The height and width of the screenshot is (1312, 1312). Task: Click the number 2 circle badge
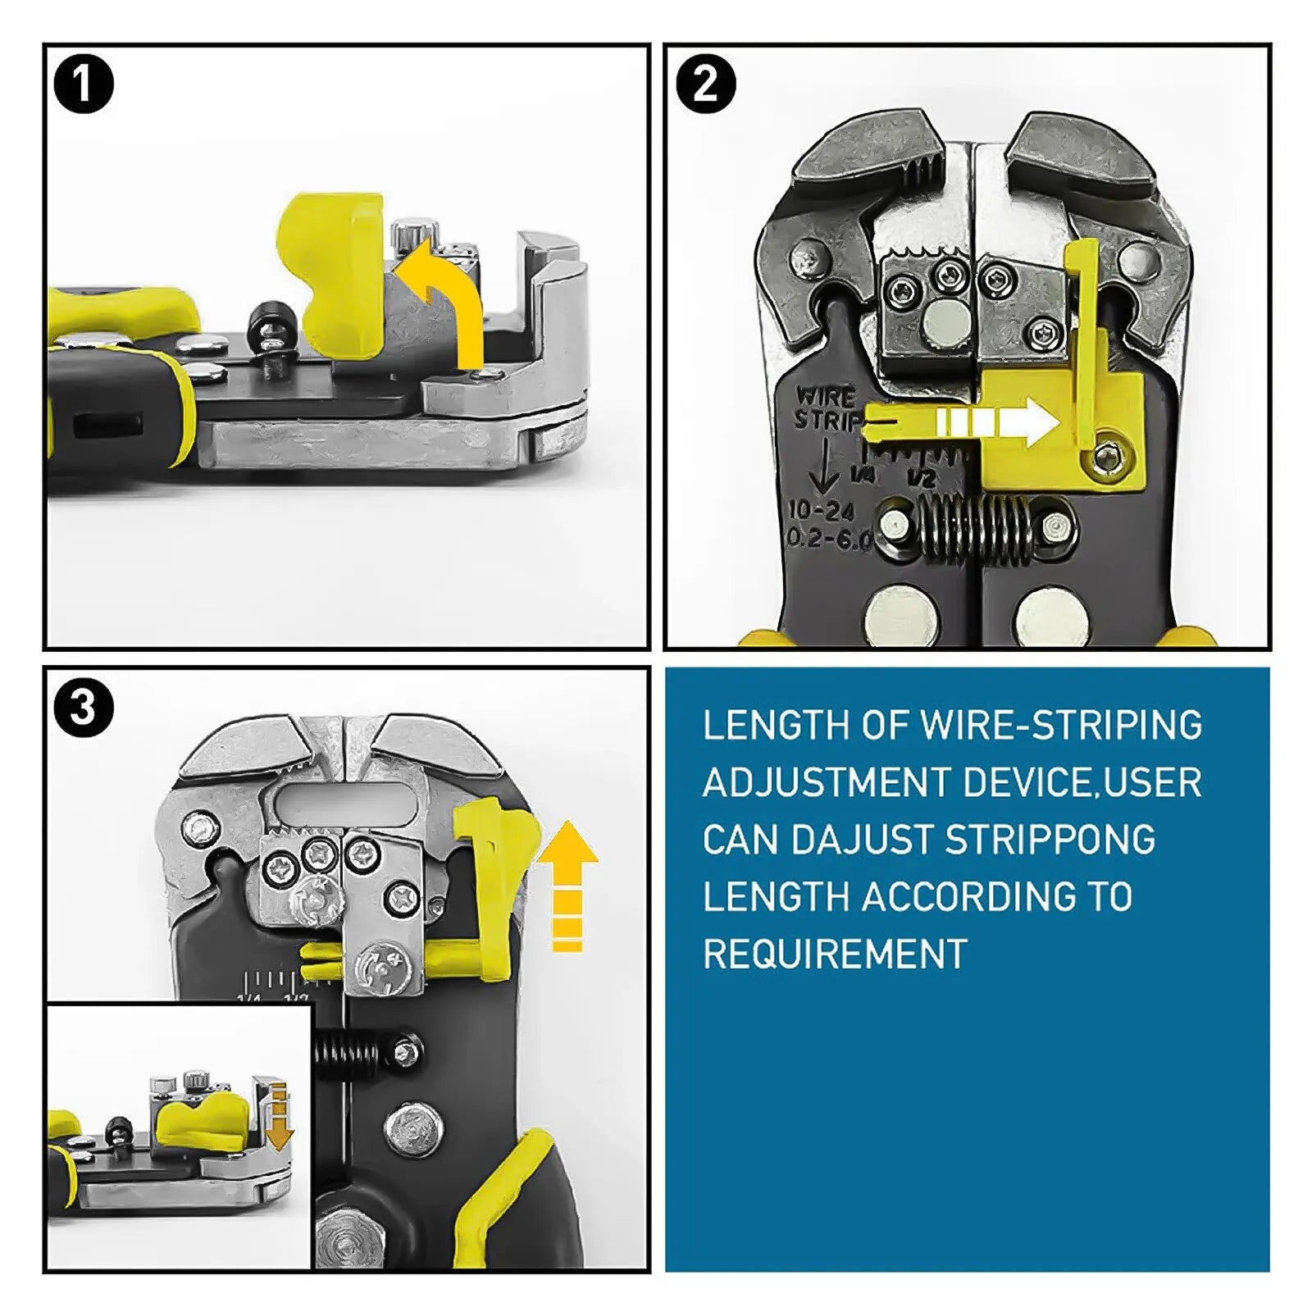coord(705,84)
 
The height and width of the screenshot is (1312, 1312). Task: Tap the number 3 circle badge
coord(83,707)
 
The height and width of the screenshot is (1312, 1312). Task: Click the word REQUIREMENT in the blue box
coord(835,954)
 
